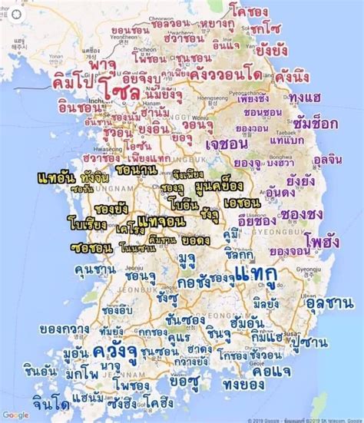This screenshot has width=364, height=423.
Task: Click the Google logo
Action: click(15, 415)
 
